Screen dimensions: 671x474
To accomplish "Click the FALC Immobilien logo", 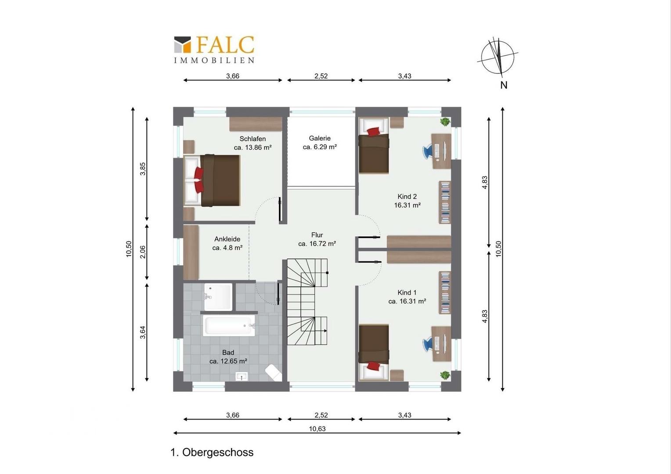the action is [214, 50].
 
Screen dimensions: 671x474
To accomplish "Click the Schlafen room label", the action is [253, 139].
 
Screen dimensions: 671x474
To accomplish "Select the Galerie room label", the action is [320, 138].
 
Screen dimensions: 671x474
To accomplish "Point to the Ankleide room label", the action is [227, 239].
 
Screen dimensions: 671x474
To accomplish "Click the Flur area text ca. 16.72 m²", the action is [317, 244].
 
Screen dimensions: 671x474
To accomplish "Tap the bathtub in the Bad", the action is [229, 326].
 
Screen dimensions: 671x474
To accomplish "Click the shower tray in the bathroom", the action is [218, 297].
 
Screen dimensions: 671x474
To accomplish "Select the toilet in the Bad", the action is [274, 373].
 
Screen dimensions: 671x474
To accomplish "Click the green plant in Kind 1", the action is [445, 375].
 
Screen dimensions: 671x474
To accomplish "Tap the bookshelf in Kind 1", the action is [445, 293].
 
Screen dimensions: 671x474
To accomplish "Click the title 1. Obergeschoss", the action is [212, 452].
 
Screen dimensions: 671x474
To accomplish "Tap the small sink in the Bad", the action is [242, 377].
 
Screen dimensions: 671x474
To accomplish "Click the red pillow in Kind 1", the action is [373, 366].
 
